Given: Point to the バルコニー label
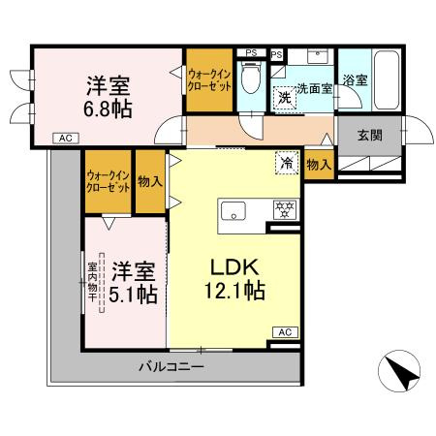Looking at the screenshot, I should (170, 367).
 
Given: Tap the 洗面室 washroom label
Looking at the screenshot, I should (314, 87).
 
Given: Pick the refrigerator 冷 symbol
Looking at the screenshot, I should (287, 162).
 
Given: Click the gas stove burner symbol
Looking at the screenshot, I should (285, 208).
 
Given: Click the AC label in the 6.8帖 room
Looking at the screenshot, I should (65, 139).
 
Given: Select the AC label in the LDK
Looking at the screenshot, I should (285, 332).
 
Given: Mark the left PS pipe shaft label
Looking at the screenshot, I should (250, 53).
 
